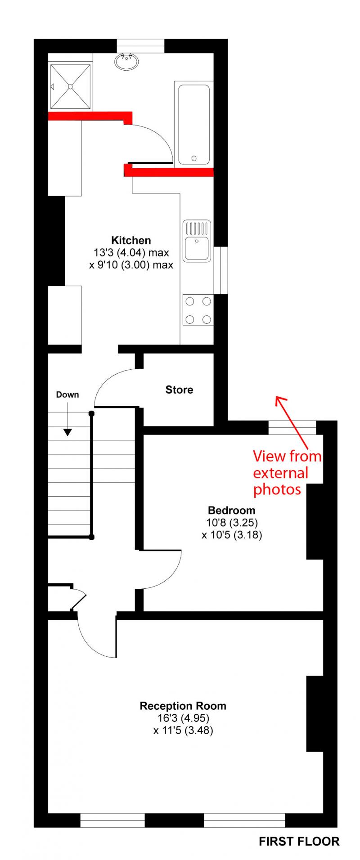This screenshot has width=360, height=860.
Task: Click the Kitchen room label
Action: point(131,240)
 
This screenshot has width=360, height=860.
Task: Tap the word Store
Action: point(179,390)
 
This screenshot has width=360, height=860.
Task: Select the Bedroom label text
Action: point(231,510)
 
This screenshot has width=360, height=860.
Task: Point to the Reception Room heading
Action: point(183,706)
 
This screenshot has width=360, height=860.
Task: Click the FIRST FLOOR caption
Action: point(299,841)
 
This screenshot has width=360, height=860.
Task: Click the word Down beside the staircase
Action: point(67,394)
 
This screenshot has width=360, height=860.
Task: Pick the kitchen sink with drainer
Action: point(197,240)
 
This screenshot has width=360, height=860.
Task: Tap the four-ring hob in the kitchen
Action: point(197,310)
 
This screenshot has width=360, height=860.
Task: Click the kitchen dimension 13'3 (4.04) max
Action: point(131,252)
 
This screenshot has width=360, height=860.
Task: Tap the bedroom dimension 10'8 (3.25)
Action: point(231,523)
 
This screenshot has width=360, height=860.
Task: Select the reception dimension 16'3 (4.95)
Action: point(183,718)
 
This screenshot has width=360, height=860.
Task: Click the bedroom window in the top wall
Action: point(292,427)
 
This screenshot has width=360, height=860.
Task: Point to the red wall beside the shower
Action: point(90,117)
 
